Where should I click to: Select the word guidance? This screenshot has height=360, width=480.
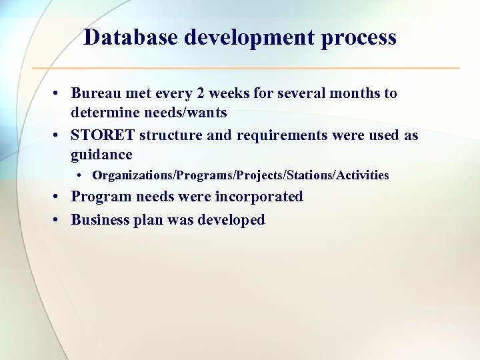click(101, 155)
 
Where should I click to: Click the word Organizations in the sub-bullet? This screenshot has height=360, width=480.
click(133, 175)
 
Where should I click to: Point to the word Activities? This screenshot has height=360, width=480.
click(363, 175)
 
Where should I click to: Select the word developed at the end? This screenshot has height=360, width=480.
click(230, 221)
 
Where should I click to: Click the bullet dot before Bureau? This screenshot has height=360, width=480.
click(59, 94)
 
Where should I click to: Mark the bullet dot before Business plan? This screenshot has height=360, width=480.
click(59, 221)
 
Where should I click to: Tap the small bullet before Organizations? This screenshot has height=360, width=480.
click(79, 176)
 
